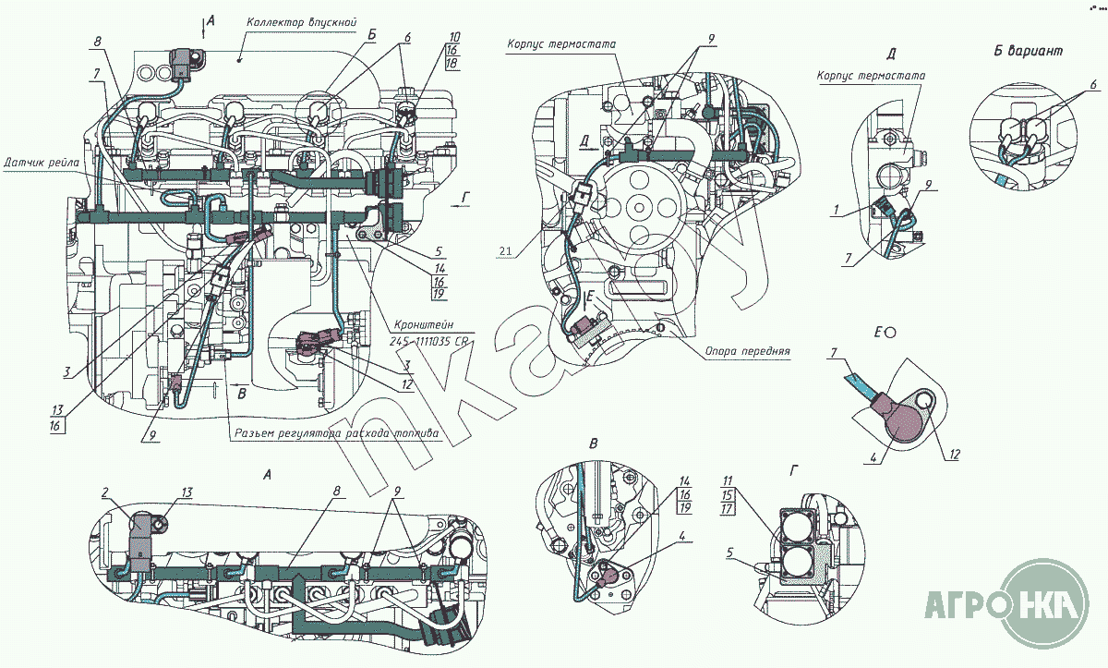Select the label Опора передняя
(745, 351)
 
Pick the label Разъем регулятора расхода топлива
(337, 432)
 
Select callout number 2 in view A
(106, 492)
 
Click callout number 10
(455, 38)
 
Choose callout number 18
(452, 64)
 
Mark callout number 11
(728, 480)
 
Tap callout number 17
(728, 507)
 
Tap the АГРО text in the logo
(963, 605)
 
